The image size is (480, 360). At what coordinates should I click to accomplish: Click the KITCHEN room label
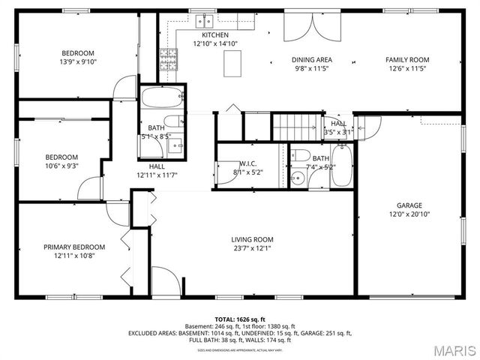coord(215,35)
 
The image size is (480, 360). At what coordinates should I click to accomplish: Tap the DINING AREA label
coord(312,59)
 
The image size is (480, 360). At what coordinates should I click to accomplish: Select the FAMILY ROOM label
coord(407,59)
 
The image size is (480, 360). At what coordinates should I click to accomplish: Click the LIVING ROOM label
coord(251,239)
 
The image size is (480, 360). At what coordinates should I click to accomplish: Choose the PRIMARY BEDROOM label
coord(73,247)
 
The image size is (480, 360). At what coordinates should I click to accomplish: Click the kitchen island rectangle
coord(234,65)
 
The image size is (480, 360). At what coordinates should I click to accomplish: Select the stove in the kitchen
coord(169,58)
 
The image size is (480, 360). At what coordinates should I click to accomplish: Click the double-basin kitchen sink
coord(204,20)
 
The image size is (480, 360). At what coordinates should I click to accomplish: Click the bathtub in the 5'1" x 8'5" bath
coord(162,97)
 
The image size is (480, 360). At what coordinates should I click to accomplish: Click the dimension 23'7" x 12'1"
coord(251,247)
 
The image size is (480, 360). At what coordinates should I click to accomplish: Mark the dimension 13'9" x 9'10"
coord(77,61)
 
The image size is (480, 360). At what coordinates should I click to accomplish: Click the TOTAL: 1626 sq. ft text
coord(240,319)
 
